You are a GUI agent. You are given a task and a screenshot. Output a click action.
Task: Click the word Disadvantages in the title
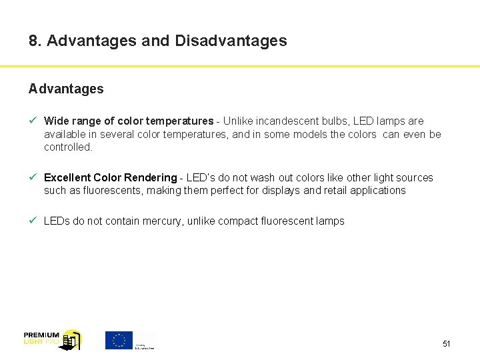pos(231,41)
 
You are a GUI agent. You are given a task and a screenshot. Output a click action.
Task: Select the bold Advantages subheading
pos(66,89)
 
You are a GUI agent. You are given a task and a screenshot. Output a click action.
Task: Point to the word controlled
pos(68,147)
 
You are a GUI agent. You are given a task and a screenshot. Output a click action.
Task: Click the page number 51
pos(447,344)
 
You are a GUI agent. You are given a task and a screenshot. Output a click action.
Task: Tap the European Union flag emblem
pos(119,340)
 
